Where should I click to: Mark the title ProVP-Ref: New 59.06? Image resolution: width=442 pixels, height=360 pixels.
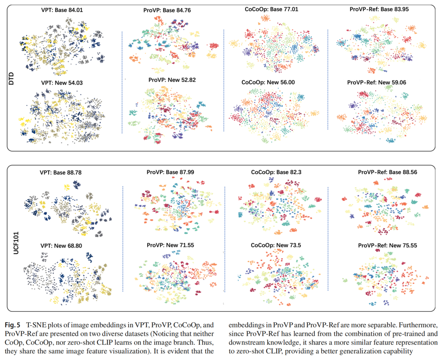pos(377,82)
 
